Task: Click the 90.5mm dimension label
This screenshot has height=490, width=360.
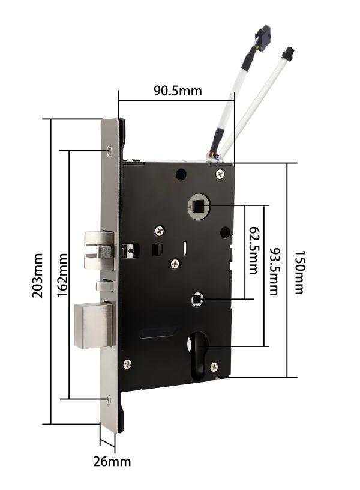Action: coord(178,91)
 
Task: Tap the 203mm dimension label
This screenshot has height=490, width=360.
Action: coord(37,275)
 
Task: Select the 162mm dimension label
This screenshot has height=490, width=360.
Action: coord(63,275)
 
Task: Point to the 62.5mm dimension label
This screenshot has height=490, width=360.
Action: coord(253,250)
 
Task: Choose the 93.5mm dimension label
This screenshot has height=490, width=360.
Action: coord(274,271)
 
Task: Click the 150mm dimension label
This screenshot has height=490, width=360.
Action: coord(299,272)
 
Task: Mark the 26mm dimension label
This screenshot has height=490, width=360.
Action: coord(112,461)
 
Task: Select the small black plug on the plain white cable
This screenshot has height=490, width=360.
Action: coord(288,53)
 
